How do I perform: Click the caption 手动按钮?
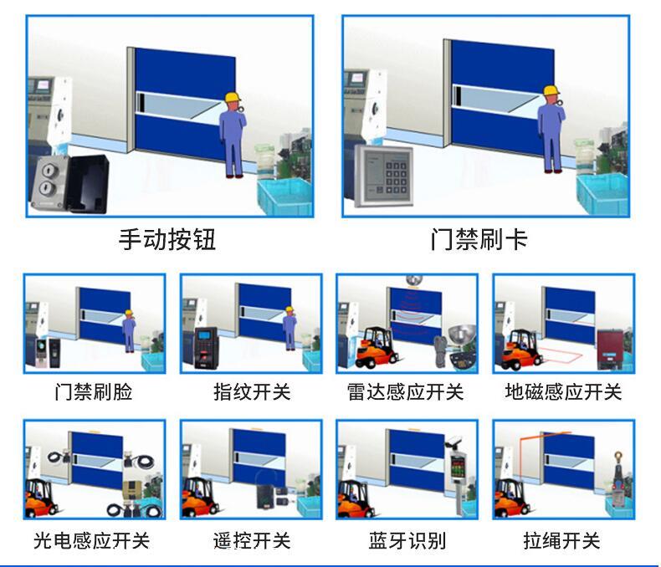[167, 239]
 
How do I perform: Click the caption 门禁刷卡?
[479, 239]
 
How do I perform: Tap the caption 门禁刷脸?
[94, 391]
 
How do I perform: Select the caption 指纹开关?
[252, 391]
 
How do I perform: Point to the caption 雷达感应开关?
[406, 391]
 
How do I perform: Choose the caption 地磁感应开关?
[564, 391]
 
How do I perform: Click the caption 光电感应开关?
[91, 540]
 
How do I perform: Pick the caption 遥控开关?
[252, 540]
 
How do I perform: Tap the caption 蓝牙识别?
[407, 540]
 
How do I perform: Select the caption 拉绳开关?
[562, 540]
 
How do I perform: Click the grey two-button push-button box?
[49, 183]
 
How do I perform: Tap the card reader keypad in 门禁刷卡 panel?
[383, 176]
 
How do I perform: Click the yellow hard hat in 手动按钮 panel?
[233, 97]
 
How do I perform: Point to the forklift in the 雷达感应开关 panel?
[376, 348]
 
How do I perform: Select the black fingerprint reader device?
[206, 348]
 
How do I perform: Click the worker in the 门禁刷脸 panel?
[129, 331]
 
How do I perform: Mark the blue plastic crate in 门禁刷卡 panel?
[603, 194]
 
